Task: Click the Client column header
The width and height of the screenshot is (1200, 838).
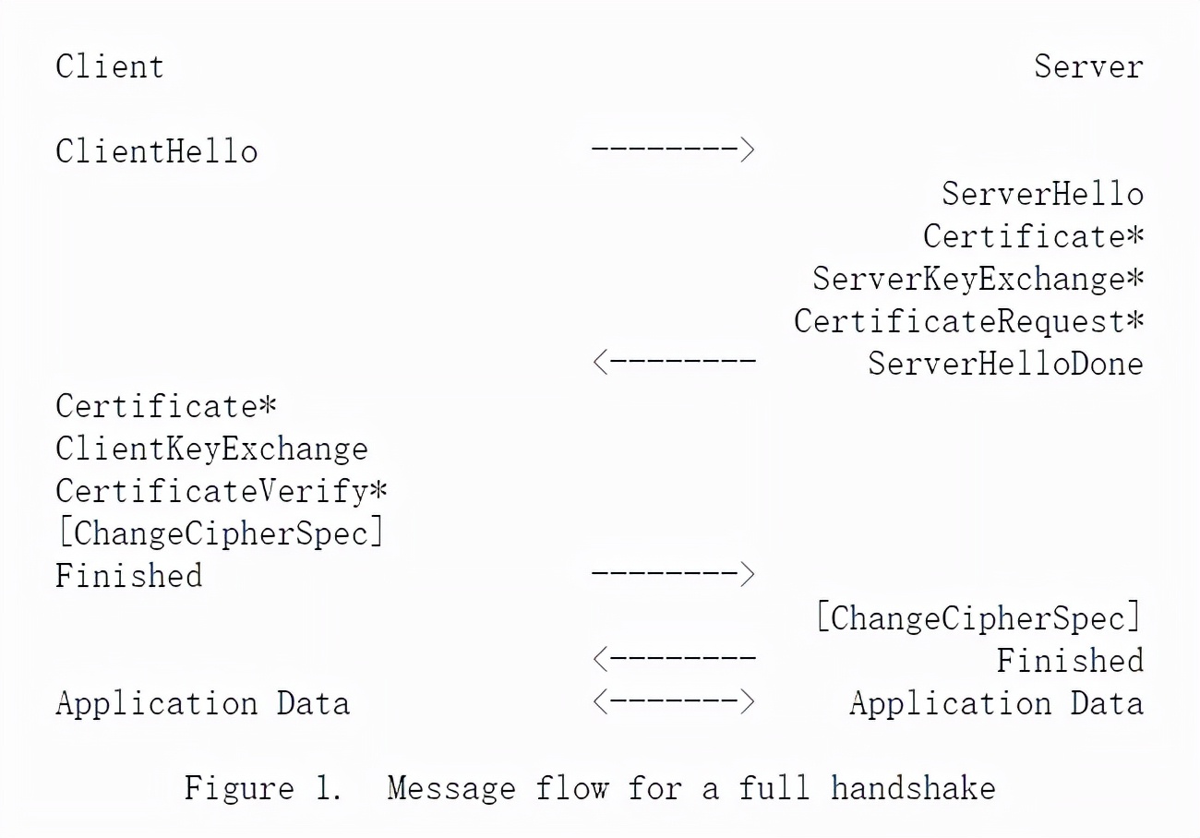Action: coord(109,67)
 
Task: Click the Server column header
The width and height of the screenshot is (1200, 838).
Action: coord(1088,67)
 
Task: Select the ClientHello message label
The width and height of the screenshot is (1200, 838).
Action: coord(156,151)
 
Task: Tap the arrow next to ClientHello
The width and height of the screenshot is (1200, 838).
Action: coord(673,149)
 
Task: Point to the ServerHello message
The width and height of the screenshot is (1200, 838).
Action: coord(1042,194)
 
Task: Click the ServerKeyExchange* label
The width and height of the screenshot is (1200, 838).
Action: coord(978,279)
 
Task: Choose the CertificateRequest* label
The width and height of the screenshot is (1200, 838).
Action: coord(969,321)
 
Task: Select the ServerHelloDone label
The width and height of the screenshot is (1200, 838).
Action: coord(1005,364)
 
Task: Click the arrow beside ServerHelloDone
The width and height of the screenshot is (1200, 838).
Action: coord(674,362)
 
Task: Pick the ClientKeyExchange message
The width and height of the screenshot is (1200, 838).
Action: coord(211,449)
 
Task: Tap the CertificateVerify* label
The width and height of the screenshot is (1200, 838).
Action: coord(221,491)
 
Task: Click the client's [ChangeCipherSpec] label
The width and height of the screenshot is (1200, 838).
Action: coord(221,533)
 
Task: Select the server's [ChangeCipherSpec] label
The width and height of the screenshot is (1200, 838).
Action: coord(978,617)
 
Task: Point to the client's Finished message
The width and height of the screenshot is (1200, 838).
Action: coord(128,576)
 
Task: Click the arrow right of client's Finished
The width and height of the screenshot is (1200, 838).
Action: coord(673,573)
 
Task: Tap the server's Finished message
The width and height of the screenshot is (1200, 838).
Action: coord(1070,660)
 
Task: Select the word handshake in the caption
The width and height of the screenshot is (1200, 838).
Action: coord(913,787)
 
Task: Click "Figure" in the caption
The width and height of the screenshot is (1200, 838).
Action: coord(239,789)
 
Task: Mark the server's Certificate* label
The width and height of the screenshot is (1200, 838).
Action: coord(1034,236)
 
